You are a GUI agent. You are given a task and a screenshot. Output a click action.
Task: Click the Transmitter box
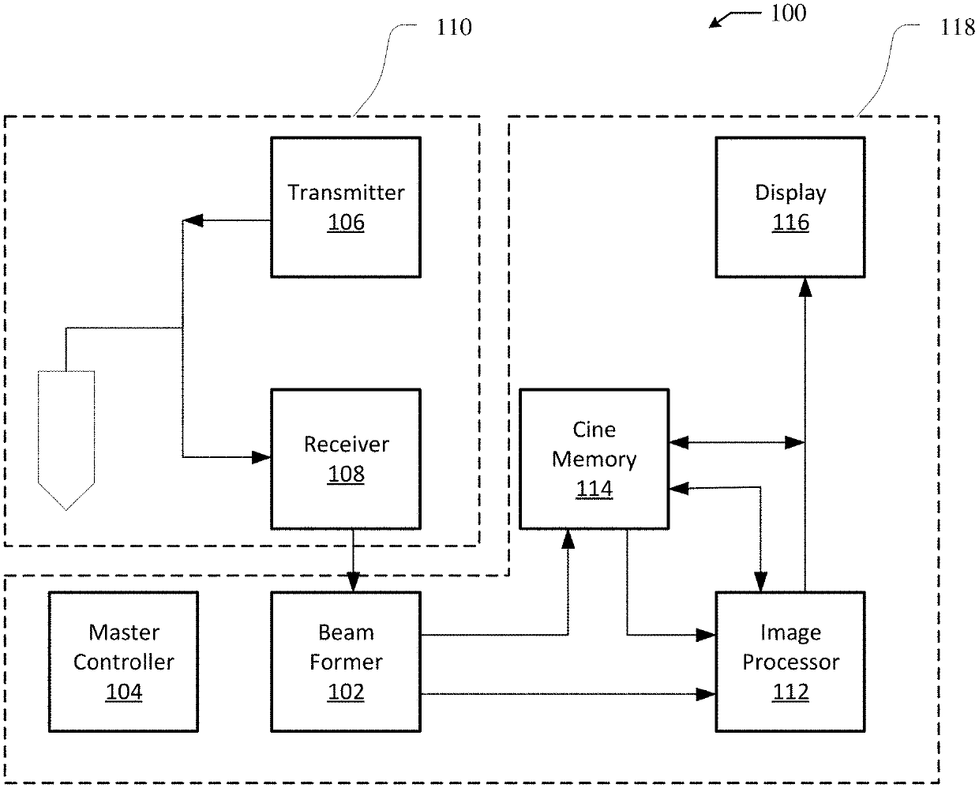pyautogui.click(x=345, y=207)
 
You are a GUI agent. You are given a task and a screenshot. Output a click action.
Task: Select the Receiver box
pyautogui.click(x=345, y=459)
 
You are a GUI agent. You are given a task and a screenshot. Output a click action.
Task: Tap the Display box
pyautogui.click(x=790, y=207)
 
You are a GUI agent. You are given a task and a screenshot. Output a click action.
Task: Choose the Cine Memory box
pyautogui.click(x=594, y=459)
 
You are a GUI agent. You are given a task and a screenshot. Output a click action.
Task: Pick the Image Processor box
pyautogui.click(x=790, y=661)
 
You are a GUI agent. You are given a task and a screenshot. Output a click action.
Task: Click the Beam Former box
pyautogui.click(x=345, y=661)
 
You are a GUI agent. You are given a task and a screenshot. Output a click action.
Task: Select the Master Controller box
pyautogui.click(x=123, y=661)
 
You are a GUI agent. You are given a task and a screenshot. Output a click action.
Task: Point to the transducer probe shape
pyautogui.click(x=66, y=438)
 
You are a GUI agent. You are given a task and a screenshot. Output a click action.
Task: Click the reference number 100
pyautogui.click(x=788, y=13)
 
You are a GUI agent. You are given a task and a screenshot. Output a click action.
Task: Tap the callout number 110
pyautogui.click(x=454, y=28)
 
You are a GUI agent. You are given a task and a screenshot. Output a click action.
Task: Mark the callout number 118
pyautogui.click(x=958, y=28)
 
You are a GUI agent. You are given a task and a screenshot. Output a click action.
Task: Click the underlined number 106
pyautogui.click(x=346, y=223)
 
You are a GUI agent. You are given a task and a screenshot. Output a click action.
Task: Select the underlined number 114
pyautogui.click(x=594, y=490)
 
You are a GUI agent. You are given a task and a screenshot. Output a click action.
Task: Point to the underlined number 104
pyautogui.click(x=124, y=692)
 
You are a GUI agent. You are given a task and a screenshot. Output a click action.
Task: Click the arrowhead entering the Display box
pyautogui.click(x=805, y=286)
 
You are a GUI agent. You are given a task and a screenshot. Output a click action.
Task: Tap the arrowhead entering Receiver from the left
pyautogui.click(x=261, y=456)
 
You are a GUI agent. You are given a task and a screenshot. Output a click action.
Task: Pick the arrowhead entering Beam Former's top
pyautogui.click(x=353, y=583)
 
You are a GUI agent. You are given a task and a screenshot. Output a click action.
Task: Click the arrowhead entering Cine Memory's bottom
pyautogui.click(x=568, y=538)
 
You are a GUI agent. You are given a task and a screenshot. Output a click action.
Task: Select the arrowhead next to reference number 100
pyautogui.click(x=716, y=21)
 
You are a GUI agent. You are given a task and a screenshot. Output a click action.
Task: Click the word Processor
pyautogui.click(x=790, y=662)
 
